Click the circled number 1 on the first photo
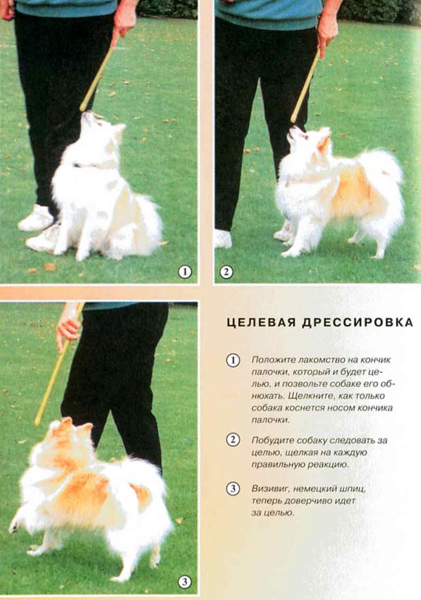pos(185,272)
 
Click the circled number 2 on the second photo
pos(226,272)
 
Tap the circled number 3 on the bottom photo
pos(185,582)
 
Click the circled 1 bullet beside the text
pos(232,360)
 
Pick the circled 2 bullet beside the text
pos(232,440)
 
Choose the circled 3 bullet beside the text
pos(232,488)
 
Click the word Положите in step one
pos(273,360)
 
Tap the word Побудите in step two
pos(273,440)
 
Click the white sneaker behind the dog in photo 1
pos(36,218)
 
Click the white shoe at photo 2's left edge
pos(223,239)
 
